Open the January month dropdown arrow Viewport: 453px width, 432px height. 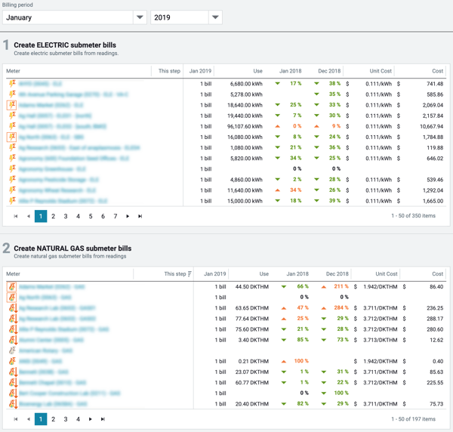click(x=140, y=17)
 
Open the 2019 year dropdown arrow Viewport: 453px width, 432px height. click(x=215, y=17)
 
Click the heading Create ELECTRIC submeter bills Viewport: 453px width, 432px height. click(x=66, y=45)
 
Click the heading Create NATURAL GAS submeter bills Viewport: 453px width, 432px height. click(x=72, y=248)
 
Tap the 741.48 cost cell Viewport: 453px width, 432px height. click(x=433, y=84)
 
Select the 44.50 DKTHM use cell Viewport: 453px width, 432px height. click(x=253, y=287)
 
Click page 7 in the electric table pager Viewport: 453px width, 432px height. click(x=116, y=217)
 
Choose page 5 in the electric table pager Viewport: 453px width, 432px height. click(x=91, y=217)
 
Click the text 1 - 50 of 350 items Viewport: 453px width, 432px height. click(x=414, y=217)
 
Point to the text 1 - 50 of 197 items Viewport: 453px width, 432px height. click(x=414, y=419)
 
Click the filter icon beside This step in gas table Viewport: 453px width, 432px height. click(x=190, y=274)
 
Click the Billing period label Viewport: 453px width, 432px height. click(x=18, y=4)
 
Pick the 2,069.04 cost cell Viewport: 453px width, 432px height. click(x=432, y=105)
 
